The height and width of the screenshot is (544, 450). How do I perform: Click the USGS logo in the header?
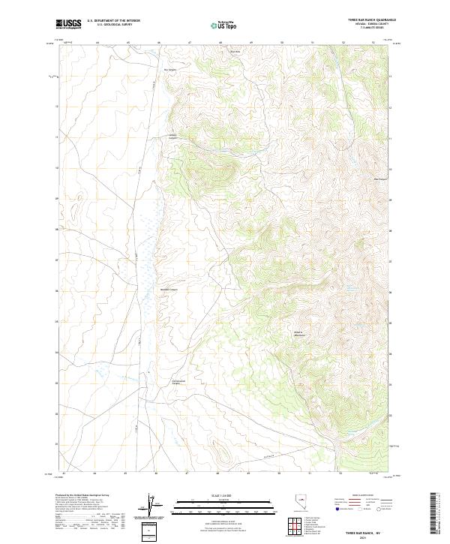(x=67, y=24)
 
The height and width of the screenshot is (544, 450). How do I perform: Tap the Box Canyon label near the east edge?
(x=380, y=179)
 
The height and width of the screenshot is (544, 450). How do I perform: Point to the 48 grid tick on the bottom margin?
(x=217, y=473)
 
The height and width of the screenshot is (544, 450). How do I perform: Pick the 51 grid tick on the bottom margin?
(x=310, y=473)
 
